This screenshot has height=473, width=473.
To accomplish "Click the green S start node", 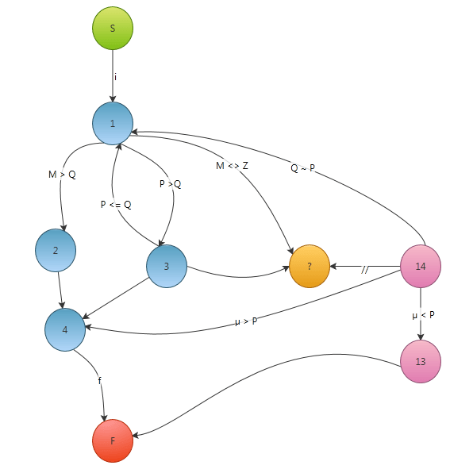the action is point(113,28).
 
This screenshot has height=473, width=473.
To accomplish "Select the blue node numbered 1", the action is point(113,123).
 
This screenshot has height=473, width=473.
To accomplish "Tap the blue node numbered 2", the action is point(56,250).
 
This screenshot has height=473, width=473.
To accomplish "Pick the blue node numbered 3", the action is point(167,266).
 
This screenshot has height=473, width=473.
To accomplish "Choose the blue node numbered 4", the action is point(65,329).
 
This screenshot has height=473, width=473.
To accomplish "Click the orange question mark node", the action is point(310,266).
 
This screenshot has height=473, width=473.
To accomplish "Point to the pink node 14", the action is point(421,266).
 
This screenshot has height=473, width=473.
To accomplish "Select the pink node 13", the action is point(421,361).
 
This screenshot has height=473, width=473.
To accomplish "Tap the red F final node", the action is point(113,440).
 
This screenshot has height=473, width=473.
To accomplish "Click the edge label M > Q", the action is point(62,175).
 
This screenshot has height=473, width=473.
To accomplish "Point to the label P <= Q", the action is point(116,205).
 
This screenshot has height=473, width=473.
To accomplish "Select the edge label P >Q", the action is point(170,183).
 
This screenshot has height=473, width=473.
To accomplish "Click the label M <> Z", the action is point(232,166).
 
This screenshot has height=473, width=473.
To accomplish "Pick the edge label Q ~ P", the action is point(302,167).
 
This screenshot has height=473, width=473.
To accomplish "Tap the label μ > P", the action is point(246,321).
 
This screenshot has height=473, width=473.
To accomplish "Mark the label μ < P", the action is point(423,315).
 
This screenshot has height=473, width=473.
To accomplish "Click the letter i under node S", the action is point(115,77).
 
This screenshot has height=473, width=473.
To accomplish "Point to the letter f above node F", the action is point(100,380).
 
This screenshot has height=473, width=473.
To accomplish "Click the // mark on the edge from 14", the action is point(365,269).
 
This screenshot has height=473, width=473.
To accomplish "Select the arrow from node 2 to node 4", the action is point(60,290).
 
